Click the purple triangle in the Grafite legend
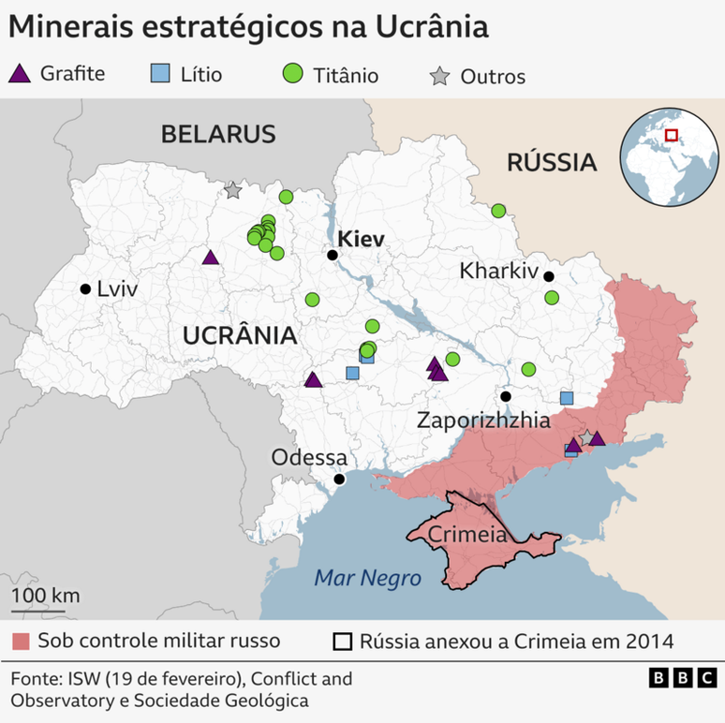coord(21,73)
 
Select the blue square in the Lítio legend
coord(160,74)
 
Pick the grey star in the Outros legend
coord(437,77)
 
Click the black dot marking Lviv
coord(85,288)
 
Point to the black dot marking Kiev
coord(332,255)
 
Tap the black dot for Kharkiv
coord(549,276)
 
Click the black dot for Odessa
coord(339,479)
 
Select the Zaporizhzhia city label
coord(483,420)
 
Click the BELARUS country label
coord(218,133)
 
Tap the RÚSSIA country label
coord(552,162)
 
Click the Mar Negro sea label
coord(367,578)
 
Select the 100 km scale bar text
coord(45,596)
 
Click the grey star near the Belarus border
coord(232,190)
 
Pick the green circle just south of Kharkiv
coord(552,298)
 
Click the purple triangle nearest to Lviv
coord(211,258)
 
